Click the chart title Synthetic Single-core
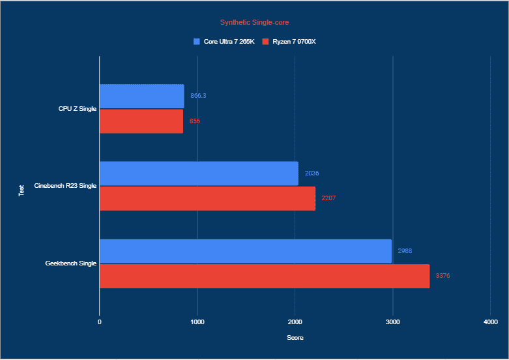click(x=254, y=22)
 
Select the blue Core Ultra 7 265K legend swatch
click(x=197, y=42)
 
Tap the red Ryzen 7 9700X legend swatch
click(x=266, y=42)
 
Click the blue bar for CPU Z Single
click(x=141, y=96)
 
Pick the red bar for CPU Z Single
click(x=141, y=121)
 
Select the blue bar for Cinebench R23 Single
click(x=199, y=173)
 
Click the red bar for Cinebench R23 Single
click(x=207, y=198)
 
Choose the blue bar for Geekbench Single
click(x=245, y=251)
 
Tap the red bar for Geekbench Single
click(x=265, y=276)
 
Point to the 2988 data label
click(x=405, y=251)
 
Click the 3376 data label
click(x=443, y=276)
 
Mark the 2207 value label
click(x=328, y=198)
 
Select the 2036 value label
click(x=312, y=173)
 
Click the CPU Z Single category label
click(x=77, y=108)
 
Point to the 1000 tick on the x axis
click(x=197, y=322)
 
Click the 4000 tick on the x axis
click(x=490, y=322)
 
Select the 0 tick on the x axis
click(x=100, y=322)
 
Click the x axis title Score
click(x=295, y=338)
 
